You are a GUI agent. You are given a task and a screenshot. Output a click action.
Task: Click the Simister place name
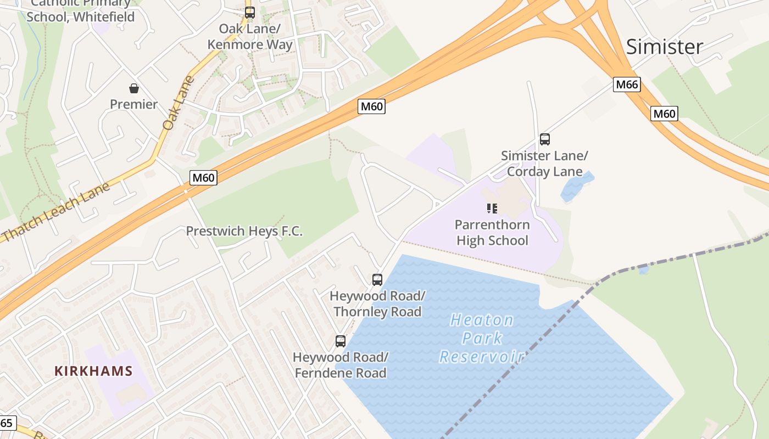point(664,47)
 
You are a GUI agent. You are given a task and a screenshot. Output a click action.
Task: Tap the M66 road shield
point(627,85)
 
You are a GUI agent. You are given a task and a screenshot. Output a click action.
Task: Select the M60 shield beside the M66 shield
point(664,114)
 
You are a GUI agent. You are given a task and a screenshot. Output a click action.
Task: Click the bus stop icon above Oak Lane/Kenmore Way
point(250,12)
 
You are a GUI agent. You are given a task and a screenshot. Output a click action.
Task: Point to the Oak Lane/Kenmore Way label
point(250,36)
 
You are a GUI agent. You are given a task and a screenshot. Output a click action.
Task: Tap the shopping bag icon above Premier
point(133,88)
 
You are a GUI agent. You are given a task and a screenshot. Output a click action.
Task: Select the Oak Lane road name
point(179,103)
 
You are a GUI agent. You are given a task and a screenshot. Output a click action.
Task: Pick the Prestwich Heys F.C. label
point(244,231)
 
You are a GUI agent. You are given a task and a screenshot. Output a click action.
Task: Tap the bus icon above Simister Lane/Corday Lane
point(544,139)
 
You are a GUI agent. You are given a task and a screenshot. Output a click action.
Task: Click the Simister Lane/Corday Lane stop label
point(544,164)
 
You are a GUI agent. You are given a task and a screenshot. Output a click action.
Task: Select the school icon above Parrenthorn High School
point(492,208)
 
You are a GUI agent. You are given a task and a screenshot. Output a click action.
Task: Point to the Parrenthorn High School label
point(493,233)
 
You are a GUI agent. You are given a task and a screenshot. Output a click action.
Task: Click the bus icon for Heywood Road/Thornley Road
point(377,280)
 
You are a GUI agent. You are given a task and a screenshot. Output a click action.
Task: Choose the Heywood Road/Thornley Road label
point(377,304)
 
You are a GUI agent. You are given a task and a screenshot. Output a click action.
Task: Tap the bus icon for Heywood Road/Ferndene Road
point(341,341)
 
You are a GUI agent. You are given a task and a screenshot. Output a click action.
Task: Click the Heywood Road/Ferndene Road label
point(341,365)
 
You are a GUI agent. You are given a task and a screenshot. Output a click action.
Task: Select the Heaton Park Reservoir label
point(482,338)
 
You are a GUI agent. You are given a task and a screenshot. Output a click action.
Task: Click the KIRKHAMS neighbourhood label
point(93,371)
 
